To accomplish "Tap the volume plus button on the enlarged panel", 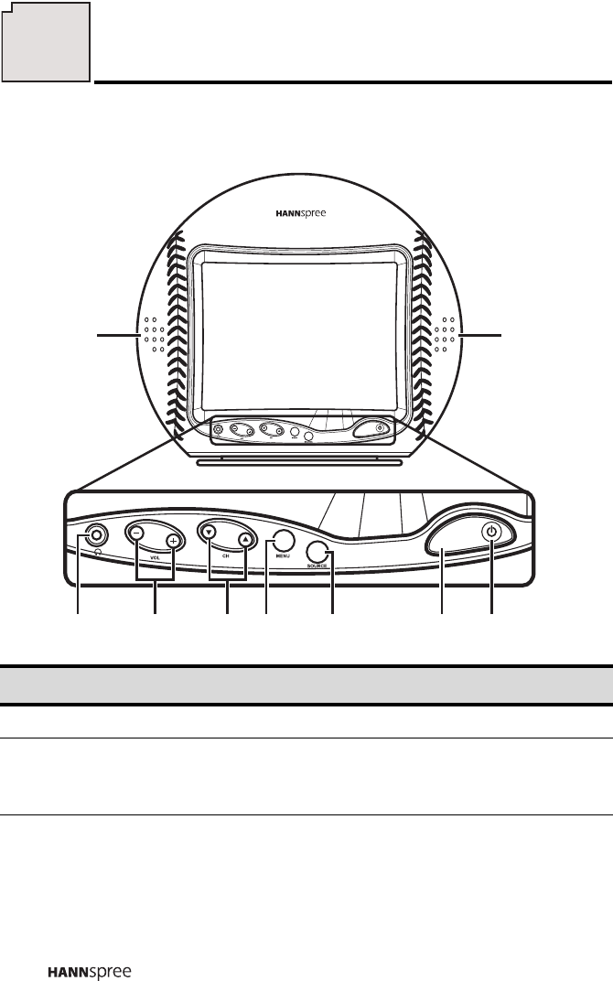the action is [x=173, y=541].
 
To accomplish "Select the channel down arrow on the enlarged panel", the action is [x=209, y=532].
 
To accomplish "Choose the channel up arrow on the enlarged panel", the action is [x=245, y=539].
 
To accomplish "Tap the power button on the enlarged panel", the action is [x=492, y=532].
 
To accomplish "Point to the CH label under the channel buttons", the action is [x=225, y=555].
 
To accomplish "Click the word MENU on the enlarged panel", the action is [x=283, y=561].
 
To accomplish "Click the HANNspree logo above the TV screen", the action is [x=301, y=212].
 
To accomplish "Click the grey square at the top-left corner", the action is [x=46, y=40].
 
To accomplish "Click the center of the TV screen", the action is [x=300, y=330].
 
